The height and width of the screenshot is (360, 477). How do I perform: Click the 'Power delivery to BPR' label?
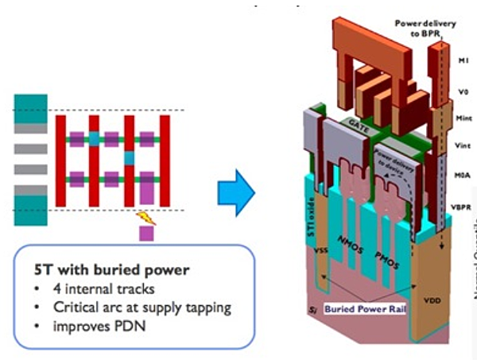(425, 28)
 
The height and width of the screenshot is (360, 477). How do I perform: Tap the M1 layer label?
(465, 60)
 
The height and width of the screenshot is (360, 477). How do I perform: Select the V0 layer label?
(465, 91)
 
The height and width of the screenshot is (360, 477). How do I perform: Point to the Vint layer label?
(465, 146)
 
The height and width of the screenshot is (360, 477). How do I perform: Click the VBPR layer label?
(464, 205)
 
